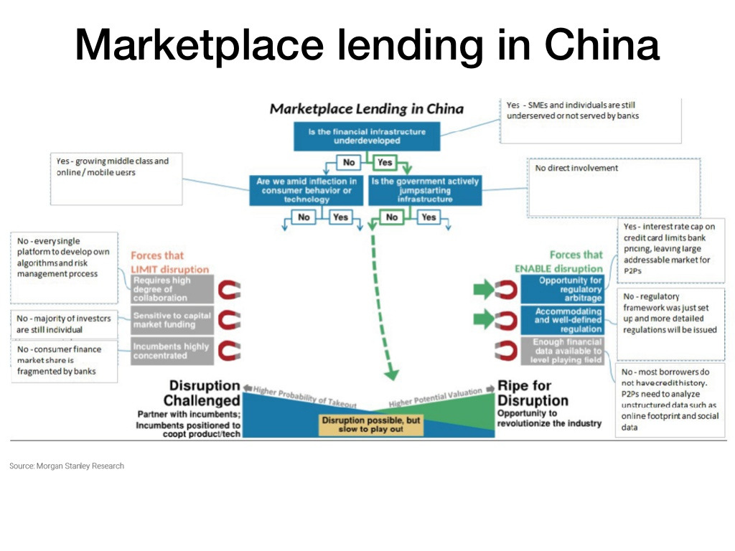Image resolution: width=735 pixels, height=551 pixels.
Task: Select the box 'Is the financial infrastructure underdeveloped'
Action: [367, 136]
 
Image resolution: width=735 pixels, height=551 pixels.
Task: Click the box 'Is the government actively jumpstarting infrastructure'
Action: [424, 190]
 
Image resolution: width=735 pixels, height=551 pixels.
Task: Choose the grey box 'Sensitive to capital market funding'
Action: [172, 320]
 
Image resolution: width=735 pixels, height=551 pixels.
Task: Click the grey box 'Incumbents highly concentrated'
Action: [171, 351]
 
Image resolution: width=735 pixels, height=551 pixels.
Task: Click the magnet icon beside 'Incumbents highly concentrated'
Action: [229, 351]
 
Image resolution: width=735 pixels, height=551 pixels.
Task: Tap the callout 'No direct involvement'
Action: [613, 187]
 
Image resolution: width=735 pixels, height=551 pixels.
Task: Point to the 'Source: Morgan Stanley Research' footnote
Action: [67, 466]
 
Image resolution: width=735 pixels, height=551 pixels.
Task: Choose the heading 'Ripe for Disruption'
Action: [533, 393]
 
